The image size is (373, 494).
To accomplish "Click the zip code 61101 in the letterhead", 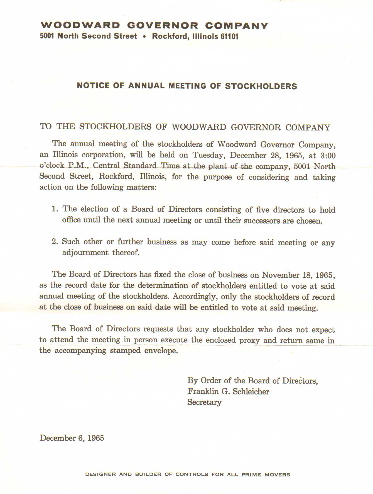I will (x=229, y=37).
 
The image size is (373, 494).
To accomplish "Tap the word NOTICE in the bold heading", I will (x=93, y=85).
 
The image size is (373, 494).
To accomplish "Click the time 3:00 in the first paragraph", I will (x=328, y=156).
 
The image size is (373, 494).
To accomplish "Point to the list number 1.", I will (x=54, y=209).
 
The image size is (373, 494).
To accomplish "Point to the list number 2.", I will (x=54, y=242).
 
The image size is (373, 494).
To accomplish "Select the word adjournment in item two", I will (x=85, y=253).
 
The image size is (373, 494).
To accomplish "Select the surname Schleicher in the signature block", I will (x=251, y=391).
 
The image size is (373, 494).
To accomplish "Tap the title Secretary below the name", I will (x=204, y=402).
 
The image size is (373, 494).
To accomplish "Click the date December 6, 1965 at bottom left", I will (x=72, y=438).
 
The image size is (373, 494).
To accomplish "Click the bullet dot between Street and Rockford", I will (x=144, y=37).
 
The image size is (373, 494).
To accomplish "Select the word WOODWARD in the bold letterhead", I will (x=80, y=26).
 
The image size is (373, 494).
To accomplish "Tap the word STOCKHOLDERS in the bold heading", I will (x=261, y=86).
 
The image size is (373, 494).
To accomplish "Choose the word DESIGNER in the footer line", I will (x=100, y=474).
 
